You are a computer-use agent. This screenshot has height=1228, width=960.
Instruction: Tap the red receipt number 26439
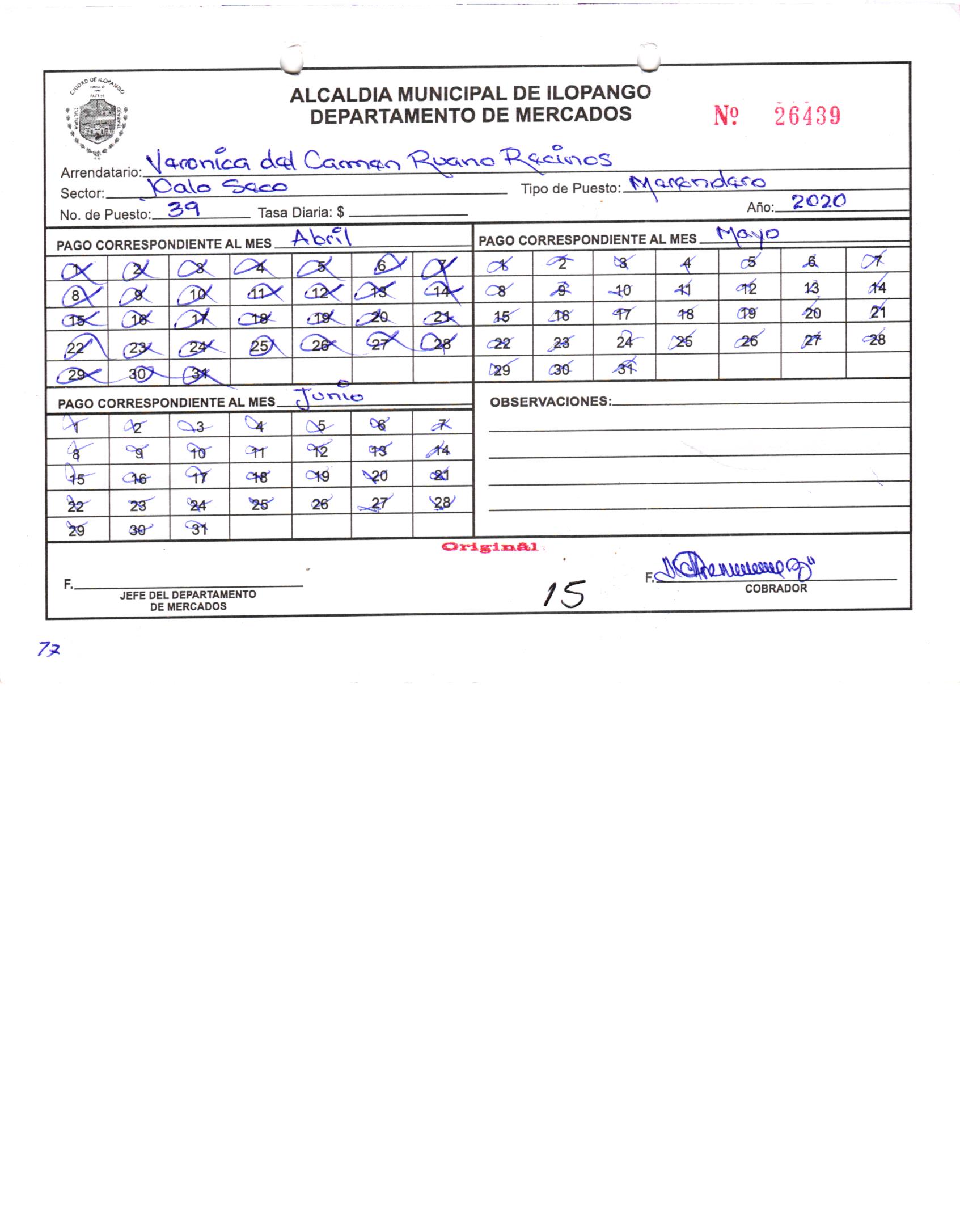click(807, 116)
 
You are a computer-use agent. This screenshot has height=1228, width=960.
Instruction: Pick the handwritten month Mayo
click(747, 234)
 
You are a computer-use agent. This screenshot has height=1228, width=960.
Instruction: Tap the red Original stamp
click(489, 547)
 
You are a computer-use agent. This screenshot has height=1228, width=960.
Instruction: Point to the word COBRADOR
click(776, 589)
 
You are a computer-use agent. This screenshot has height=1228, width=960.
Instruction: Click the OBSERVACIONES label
click(551, 402)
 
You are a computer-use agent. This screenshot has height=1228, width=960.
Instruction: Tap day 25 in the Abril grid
click(260, 345)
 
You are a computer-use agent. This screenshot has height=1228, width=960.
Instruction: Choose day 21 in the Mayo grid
click(877, 312)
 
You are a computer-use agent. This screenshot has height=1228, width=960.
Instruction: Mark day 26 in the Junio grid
click(320, 504)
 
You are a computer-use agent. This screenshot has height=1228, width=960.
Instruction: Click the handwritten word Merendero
click(698, 183)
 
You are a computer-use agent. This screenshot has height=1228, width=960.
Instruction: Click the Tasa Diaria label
click(301, 213)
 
